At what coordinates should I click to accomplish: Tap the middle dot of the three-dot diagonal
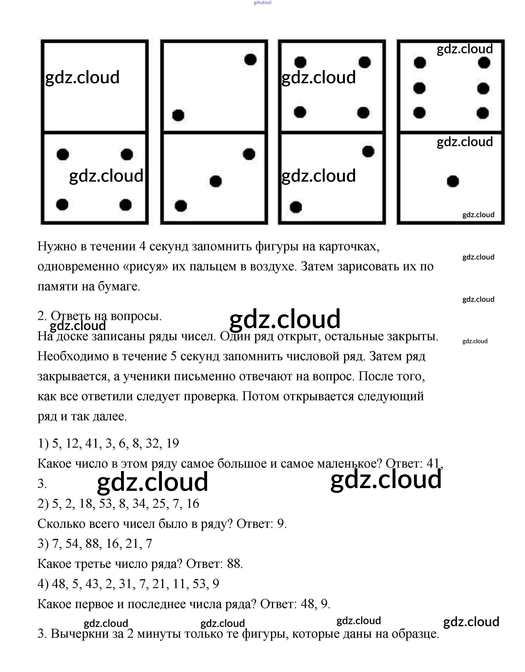[216, 181]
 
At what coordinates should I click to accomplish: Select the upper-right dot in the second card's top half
[250, 59]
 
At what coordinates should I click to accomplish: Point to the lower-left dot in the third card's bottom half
[296, 207]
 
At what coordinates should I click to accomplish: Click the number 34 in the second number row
[139, 504]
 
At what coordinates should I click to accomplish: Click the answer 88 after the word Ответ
[235, 564]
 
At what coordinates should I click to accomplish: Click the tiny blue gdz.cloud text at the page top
[262, 3]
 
